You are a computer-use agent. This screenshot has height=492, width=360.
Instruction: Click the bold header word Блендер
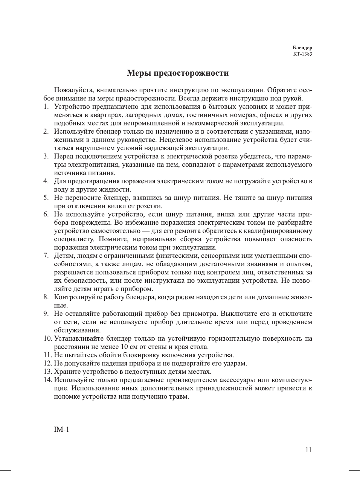click(x=302, y=48)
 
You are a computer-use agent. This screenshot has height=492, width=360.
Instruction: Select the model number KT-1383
click(x=302, y=54)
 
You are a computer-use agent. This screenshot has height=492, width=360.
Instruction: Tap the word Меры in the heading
click(x=139, y=73)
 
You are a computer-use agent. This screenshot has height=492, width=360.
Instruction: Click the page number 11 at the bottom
click(x=308, y=450)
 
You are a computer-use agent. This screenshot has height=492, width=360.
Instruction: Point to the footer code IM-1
click(x=61, y=430)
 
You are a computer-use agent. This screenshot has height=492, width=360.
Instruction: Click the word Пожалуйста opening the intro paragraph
click(x=74, y=90)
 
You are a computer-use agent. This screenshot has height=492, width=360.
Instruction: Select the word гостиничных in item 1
click(x=205, y=115)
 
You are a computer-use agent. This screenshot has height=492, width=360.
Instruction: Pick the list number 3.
click(x=46, y=156)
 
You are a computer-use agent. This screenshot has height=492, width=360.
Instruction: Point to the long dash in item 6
click(x=145, y=231)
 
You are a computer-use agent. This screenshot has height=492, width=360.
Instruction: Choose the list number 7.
click(x=46, y=256)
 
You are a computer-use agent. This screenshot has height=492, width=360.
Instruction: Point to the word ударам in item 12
click(x=235, y=363)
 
